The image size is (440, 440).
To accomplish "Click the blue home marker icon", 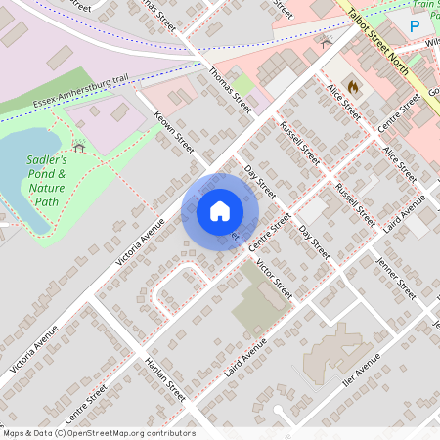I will tap(220, 211).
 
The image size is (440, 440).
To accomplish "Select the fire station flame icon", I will tap(352, 86).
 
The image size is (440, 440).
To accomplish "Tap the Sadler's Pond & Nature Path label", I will tap(47, 180).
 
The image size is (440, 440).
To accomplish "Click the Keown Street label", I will tap(172, 137).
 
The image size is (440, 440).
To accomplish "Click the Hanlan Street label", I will tap(163, 377).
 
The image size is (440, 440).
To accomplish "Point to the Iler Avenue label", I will tap(360, 374).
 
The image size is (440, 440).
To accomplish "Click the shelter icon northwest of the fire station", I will tap(327, 43).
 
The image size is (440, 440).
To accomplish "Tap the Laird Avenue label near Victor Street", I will tap(245, 360).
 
